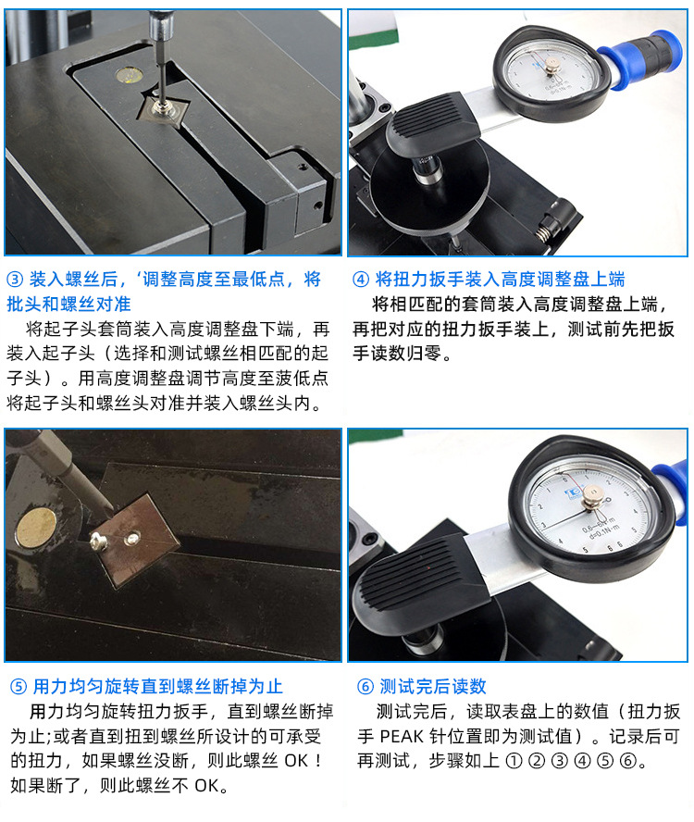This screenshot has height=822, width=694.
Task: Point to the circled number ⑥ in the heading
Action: tap(365, 687)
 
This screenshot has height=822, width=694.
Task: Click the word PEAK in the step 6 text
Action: tap(403, 737)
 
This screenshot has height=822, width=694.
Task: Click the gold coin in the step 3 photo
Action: tap(129, 71)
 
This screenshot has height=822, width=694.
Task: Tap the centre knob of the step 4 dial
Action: tap(553, 64)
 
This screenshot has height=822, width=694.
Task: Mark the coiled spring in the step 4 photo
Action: tap(552, 222)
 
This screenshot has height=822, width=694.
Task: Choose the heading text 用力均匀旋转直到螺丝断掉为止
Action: tap(158, 687)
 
